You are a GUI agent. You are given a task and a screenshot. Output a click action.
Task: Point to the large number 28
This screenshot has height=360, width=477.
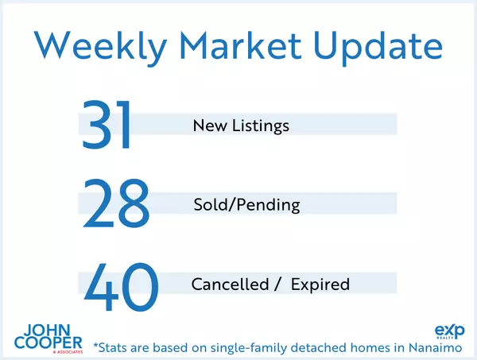[x=115, y=204]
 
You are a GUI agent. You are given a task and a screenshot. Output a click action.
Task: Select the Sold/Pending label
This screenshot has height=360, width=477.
[x=246, y=205]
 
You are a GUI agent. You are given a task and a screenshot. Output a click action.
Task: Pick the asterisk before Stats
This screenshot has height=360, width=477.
[x=96, y=345]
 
